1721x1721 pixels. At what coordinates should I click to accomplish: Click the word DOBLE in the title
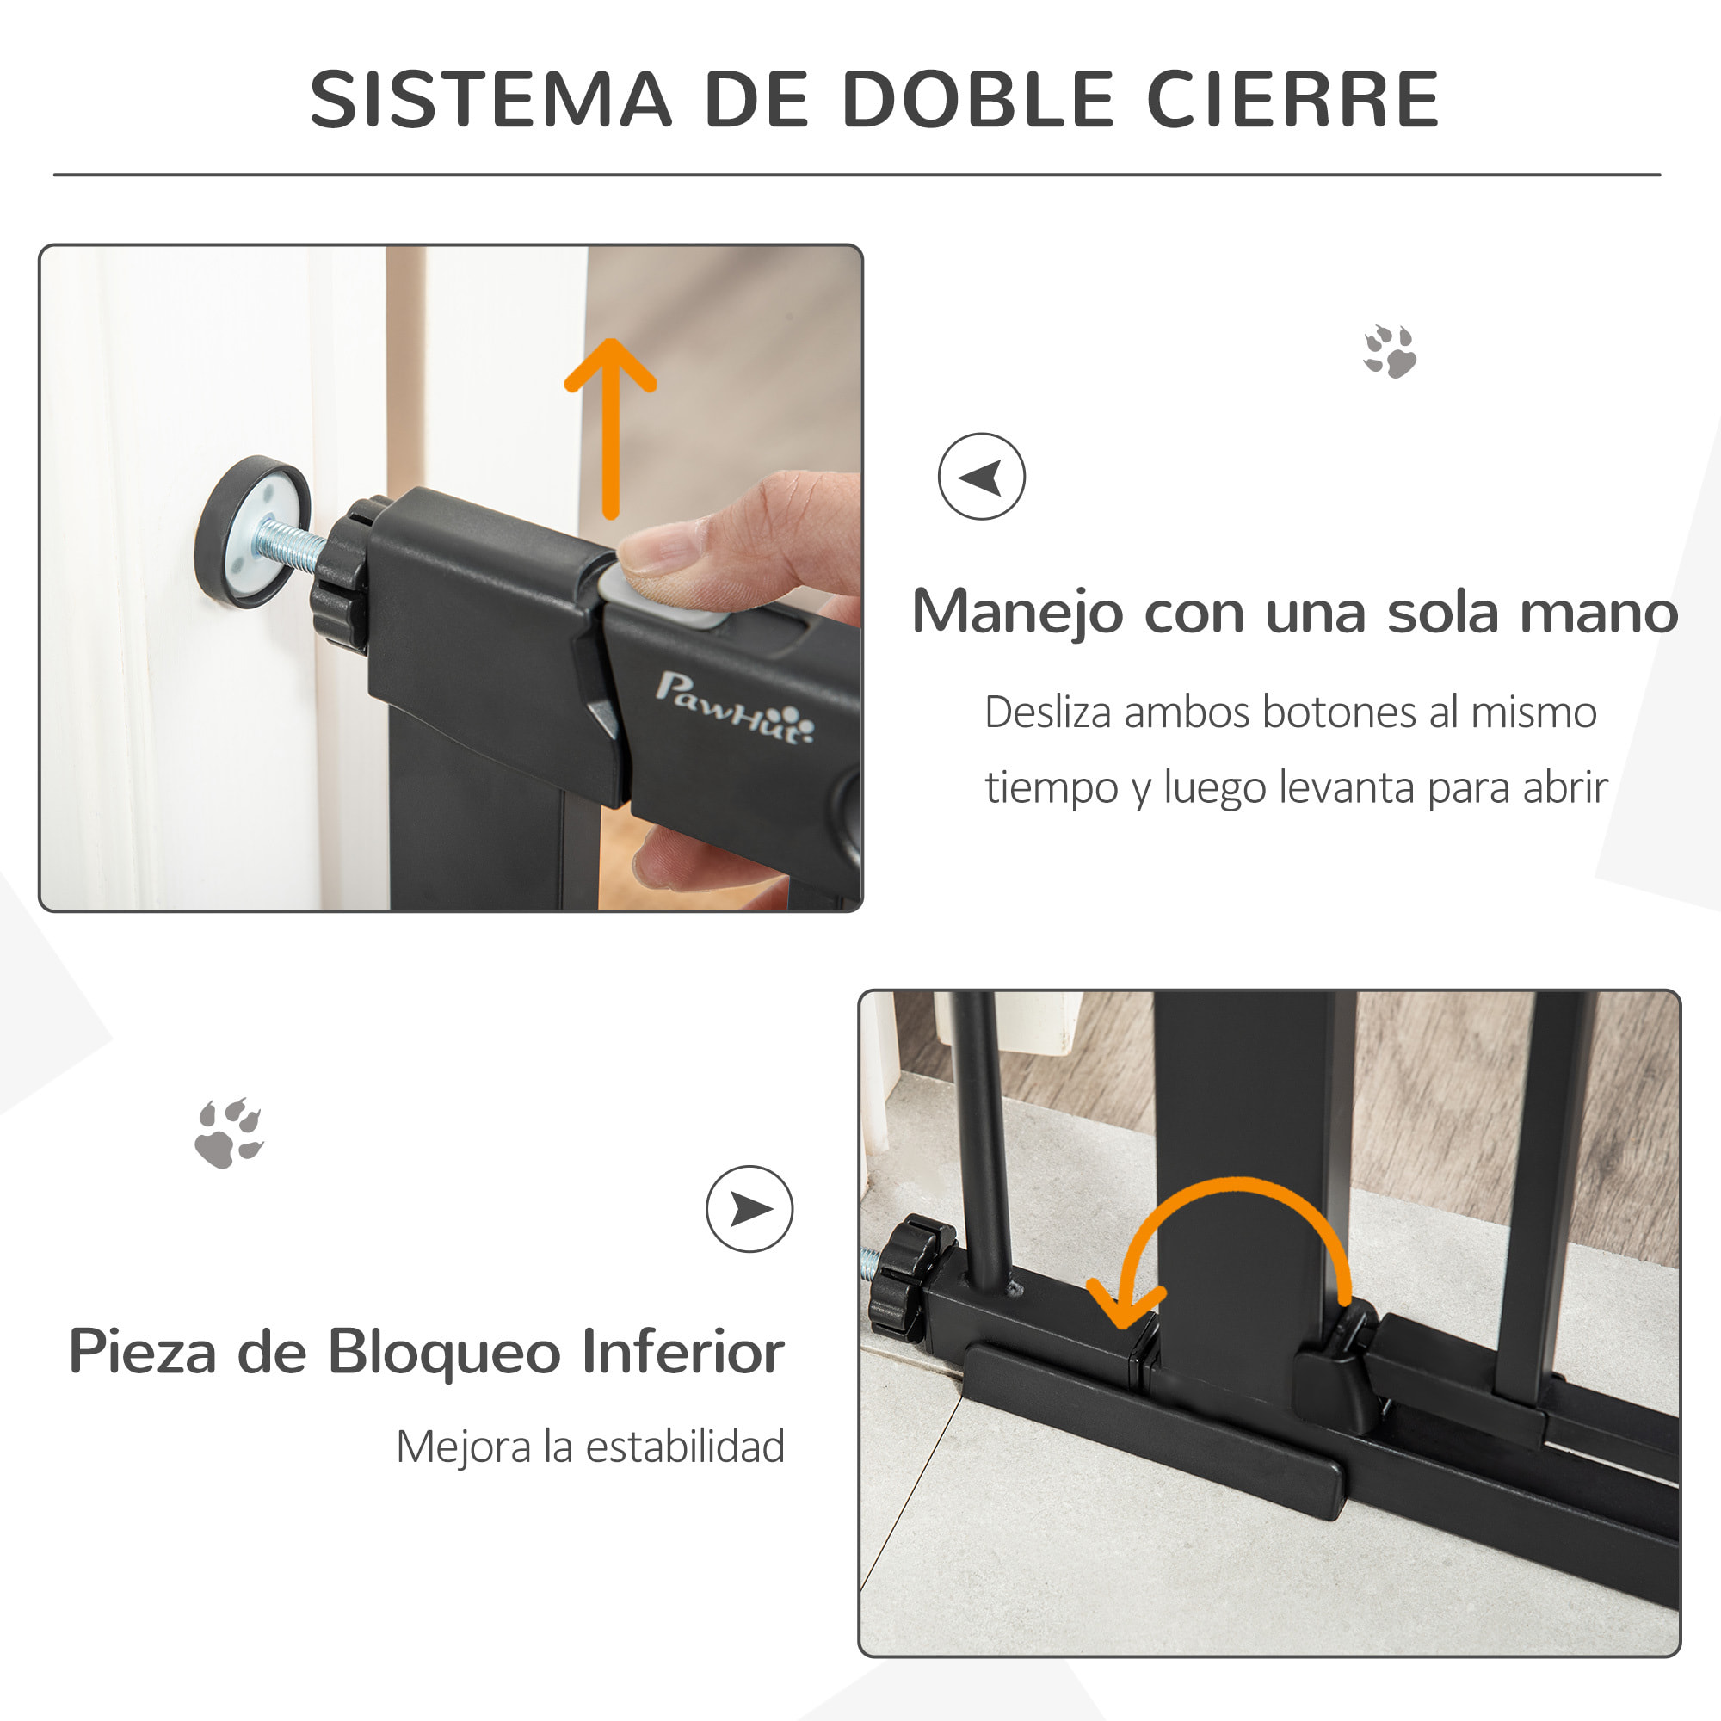(x=978, y=99)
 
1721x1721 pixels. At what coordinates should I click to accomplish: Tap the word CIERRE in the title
(x=1293, y=99)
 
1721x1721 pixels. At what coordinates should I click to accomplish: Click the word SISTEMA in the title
(x=490, y=99)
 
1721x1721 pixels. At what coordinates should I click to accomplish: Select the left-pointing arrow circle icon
(x=981, y=477)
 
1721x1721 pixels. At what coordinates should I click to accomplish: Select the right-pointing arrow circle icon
(x=749, y=1209)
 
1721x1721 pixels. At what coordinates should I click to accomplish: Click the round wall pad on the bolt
(x=252, y=532)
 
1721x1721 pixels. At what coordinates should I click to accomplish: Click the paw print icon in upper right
(x=1390, y=351)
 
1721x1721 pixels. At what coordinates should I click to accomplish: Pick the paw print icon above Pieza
(x=229, y=1133)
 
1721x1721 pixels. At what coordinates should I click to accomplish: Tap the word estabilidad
(x=684, y=1446)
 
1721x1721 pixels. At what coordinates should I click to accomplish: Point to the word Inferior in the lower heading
(x=682, y=1351)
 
